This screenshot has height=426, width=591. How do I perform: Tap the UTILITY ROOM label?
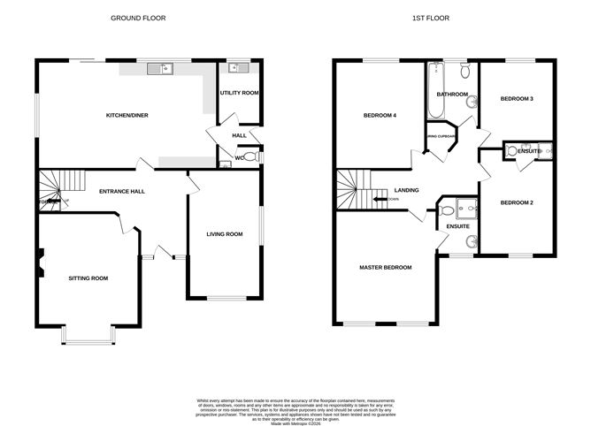[x=239, y=93]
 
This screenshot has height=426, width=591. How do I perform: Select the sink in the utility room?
[x=235, y=68]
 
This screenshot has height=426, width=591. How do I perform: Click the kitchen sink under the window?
[x=162, y=67]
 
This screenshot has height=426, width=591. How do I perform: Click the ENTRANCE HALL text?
[x=122, y=191]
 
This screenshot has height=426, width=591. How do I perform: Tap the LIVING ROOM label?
[x=225, y=234]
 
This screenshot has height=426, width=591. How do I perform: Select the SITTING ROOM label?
[x=88, y=278]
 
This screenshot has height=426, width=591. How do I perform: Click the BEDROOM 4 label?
[x=380, y=116]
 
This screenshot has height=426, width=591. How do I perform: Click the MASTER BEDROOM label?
[x=385, y=267]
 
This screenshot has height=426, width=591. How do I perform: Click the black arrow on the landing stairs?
[x=380, y=200]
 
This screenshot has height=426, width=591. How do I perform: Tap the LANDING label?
[x=407, y=190]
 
